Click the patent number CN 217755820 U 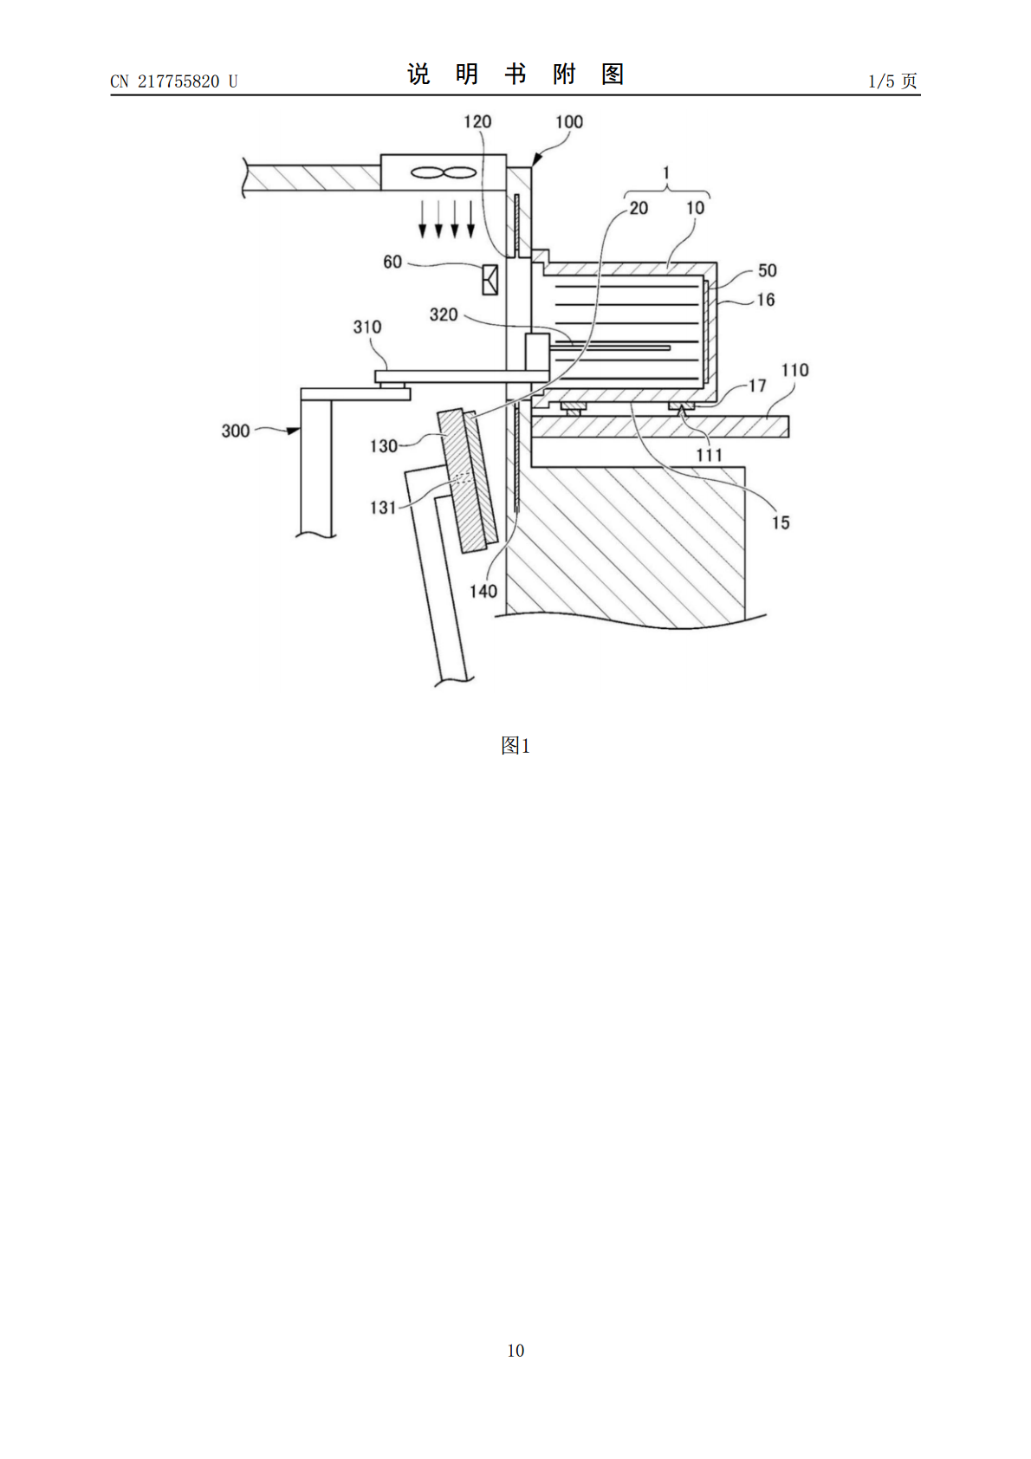[174, 81]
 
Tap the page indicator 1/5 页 [892, 81]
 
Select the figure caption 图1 [515, 745]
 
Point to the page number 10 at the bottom [515, 1350]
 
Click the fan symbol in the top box [443, 173]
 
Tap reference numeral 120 [477, 122]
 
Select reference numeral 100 [568, 122]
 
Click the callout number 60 [392, 262]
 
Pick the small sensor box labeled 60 [490, 280]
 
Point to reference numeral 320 [444, 314]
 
